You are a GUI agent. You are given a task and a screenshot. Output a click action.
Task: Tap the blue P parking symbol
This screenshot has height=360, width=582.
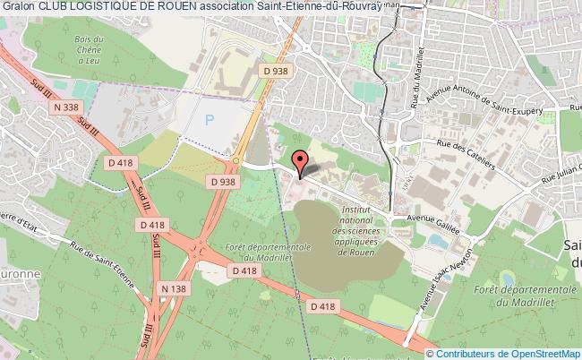point(210,118)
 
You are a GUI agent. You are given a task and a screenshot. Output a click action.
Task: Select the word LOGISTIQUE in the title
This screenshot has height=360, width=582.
point(101,7)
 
